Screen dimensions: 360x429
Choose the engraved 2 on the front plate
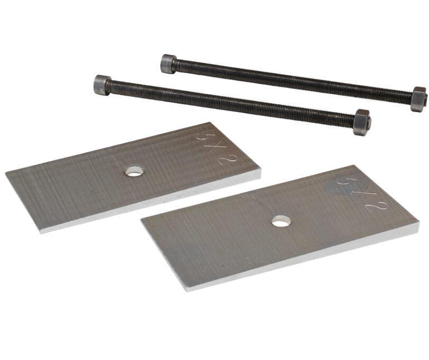click(373, 208)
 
